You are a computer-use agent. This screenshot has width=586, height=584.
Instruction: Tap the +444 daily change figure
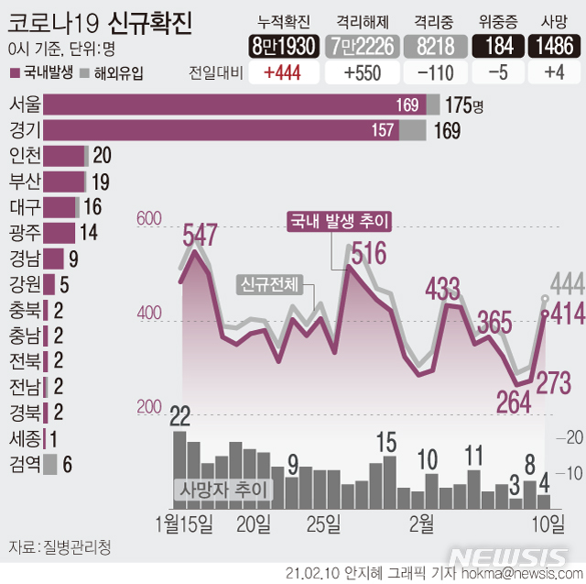[x=279, y=75]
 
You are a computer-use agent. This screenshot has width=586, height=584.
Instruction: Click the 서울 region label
[x=24, y=105]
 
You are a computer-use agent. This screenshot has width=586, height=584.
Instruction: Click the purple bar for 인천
[x=64, y=156]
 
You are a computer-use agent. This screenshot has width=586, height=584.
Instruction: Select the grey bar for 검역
[x=50, y=465]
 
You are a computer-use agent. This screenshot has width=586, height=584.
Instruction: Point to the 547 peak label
[x=200, y=236]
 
